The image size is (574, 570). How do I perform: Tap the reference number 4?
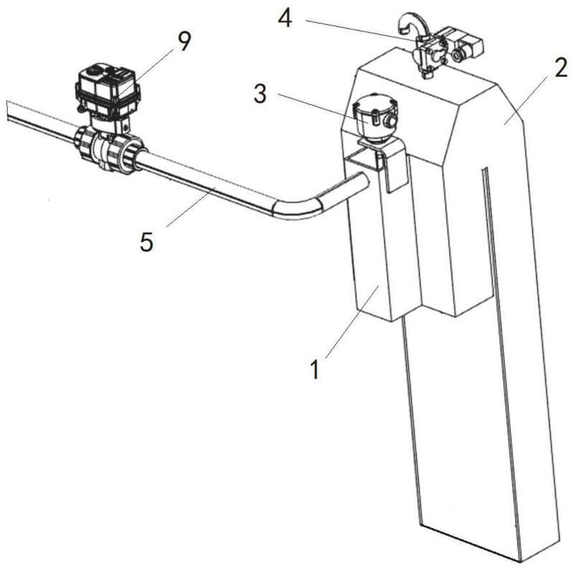285,18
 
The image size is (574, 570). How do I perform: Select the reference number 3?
260,94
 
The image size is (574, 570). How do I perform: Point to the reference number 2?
561,67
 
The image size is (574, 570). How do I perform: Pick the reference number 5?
146,242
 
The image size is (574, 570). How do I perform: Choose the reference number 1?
315,369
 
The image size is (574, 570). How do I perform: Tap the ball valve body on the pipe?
110,148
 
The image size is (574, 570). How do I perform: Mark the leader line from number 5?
191,206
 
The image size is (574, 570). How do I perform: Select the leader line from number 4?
362,30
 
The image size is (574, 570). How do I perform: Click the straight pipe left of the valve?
41,116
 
